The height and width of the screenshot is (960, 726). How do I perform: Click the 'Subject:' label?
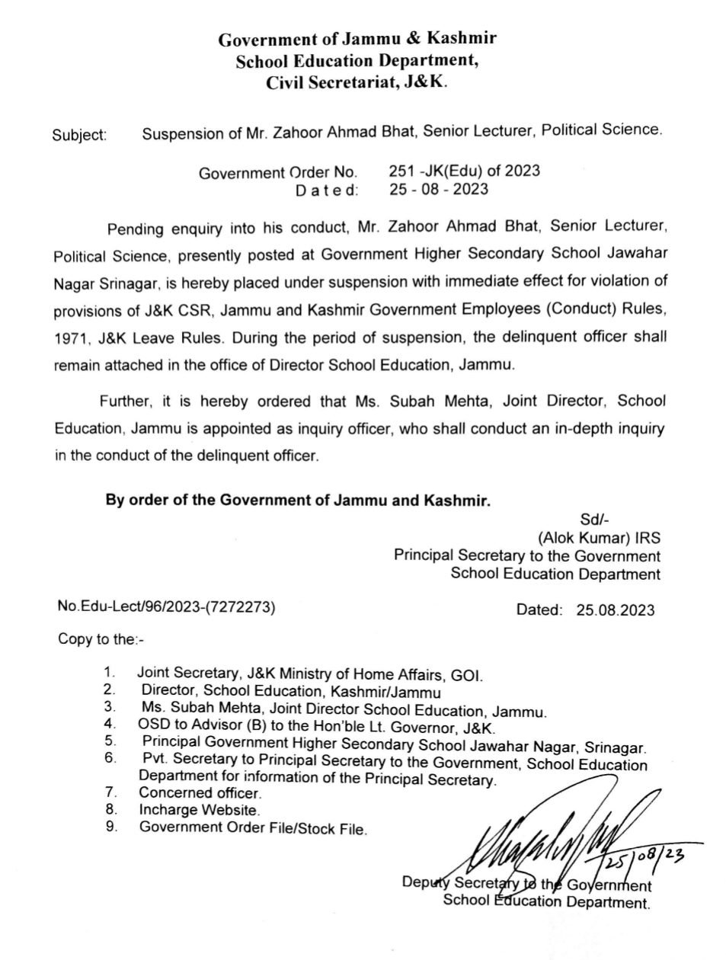coord(79,136)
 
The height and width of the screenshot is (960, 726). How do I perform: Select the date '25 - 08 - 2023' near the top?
coord(438,189)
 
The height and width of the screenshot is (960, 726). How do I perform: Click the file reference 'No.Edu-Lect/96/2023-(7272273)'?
coord(166,607)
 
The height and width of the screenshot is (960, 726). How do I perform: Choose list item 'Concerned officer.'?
coord(199,793)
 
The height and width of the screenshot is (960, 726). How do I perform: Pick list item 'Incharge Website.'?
coord(199,810)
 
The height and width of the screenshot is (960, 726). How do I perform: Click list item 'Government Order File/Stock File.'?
coord(252,828)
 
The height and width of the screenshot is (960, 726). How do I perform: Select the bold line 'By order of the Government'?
coord(297,501)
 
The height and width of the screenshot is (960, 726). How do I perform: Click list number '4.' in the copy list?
coord(110,723)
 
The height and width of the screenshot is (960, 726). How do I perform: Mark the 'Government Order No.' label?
coord(278,173)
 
